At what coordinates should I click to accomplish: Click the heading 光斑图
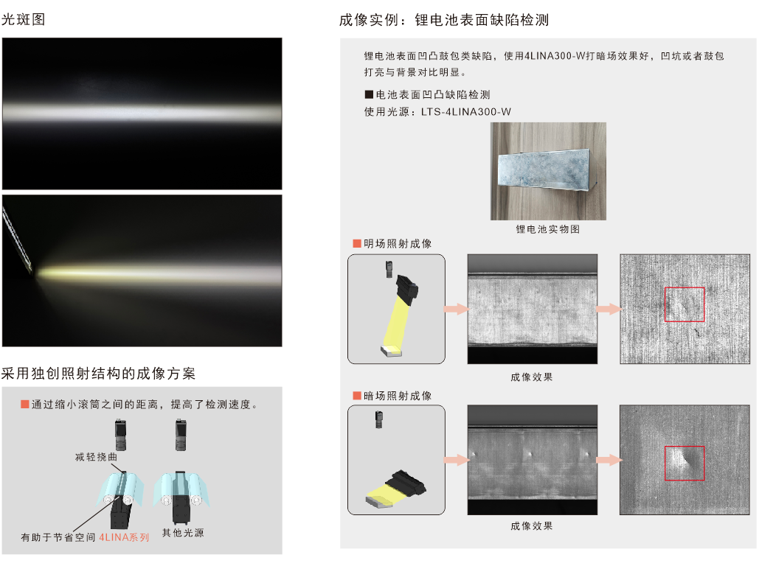coord(24,19)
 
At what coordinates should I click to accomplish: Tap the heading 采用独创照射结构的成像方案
coord(98,374)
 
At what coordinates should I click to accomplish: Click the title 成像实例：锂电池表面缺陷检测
coord(444,20)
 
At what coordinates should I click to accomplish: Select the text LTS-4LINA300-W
coord(465,112)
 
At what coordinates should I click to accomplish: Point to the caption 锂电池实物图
coord(547,229)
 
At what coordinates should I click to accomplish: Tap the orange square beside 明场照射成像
coord(357,243)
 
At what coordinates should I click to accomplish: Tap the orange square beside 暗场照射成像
coord(357,396)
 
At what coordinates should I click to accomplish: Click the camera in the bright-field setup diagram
coord(389,269)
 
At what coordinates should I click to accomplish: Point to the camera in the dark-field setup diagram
coord(379,419)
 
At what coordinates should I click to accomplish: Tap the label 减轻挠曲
coord(97,457)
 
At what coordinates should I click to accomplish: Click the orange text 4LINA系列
coord(124,537)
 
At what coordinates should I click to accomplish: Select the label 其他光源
coord(183,533)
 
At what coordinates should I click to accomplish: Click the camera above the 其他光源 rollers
coord(181,435)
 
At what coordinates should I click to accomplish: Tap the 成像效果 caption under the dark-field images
coord(532,526)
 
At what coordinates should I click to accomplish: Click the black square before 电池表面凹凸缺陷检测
coord(369,94)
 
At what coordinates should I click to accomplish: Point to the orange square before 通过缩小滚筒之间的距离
coord(24,404)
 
